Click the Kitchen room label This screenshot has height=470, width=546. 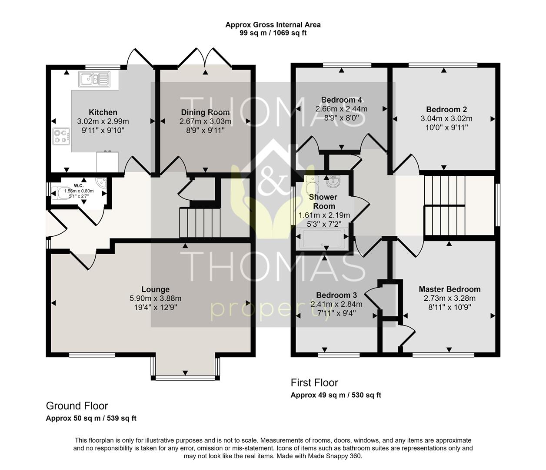click(103, 112)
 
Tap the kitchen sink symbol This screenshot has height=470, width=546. click(94, 79)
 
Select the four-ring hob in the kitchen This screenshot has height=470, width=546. click(61, 136)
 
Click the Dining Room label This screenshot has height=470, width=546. click(205, 112)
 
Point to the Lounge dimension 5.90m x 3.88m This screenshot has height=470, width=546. click(155, 299)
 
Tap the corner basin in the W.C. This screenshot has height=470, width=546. click(101, 182)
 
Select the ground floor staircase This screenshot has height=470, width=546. click(200, 223)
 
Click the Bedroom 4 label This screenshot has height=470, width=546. click(341, 100)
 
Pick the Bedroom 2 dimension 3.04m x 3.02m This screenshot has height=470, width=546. click(446, 118)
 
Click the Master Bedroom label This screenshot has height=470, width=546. click(449, 289)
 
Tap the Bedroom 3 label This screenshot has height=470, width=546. click(336, 295)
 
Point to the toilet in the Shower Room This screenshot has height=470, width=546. click(313, 185)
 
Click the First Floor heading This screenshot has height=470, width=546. click(314, 383)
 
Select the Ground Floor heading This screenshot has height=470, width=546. click(77, 406)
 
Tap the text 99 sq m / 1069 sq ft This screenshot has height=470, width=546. click(273, 33)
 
